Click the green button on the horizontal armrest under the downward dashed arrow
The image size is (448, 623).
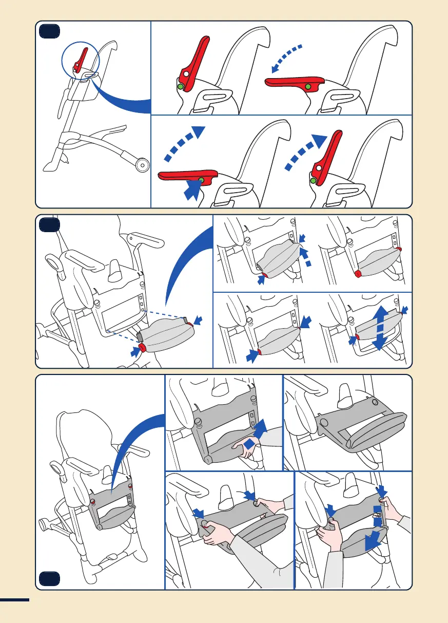pyautogui.click(x=307, y=86)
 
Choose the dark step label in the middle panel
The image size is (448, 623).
pyautogui.click(x=49, y=225)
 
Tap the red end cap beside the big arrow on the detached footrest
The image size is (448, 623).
pyautogui.click(x=143, y=348)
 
